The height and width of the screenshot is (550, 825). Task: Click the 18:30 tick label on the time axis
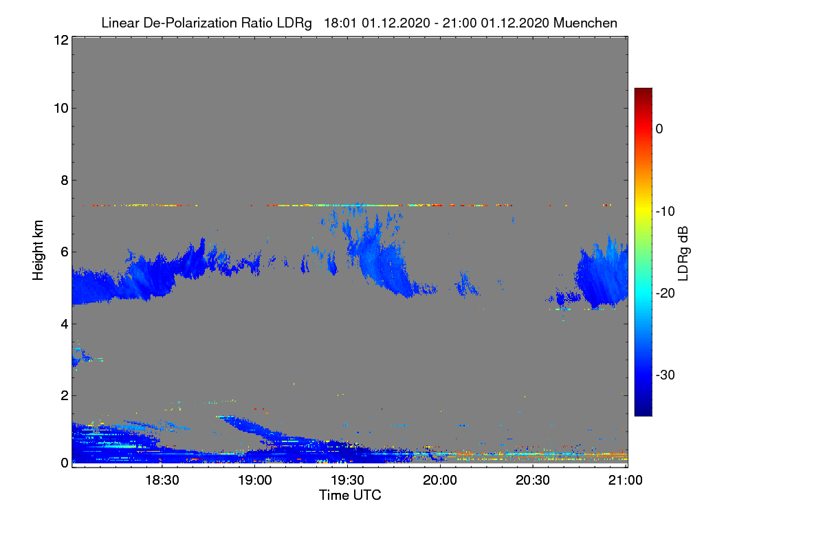(162, 480)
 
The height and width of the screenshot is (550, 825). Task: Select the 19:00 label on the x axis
(255, 480)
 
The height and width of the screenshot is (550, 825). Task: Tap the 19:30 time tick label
(347, 480)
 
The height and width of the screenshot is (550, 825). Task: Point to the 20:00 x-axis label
(440, 480)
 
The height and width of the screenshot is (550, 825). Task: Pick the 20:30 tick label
(533, 480)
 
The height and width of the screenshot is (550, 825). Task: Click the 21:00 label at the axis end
(626, 480)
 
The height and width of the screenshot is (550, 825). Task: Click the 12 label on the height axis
(61, 40)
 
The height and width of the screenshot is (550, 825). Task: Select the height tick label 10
(61, 109)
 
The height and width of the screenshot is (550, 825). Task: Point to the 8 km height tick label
(65, 180)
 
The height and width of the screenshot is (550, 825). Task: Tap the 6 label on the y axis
(65, 252)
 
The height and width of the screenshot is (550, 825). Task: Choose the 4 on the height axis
(65, 324)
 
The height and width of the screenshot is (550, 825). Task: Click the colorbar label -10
(665, 212)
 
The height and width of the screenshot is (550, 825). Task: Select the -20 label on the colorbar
(665, 294)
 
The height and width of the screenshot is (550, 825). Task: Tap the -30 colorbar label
(665, 375)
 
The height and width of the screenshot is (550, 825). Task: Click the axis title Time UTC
(350, 495)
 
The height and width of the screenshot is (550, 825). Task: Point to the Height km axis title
(38, 250)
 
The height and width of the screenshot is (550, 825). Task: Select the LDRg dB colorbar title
(683, 254)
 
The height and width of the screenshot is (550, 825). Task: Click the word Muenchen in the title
(585, 23)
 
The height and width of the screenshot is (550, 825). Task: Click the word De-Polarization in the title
(190, 23)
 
